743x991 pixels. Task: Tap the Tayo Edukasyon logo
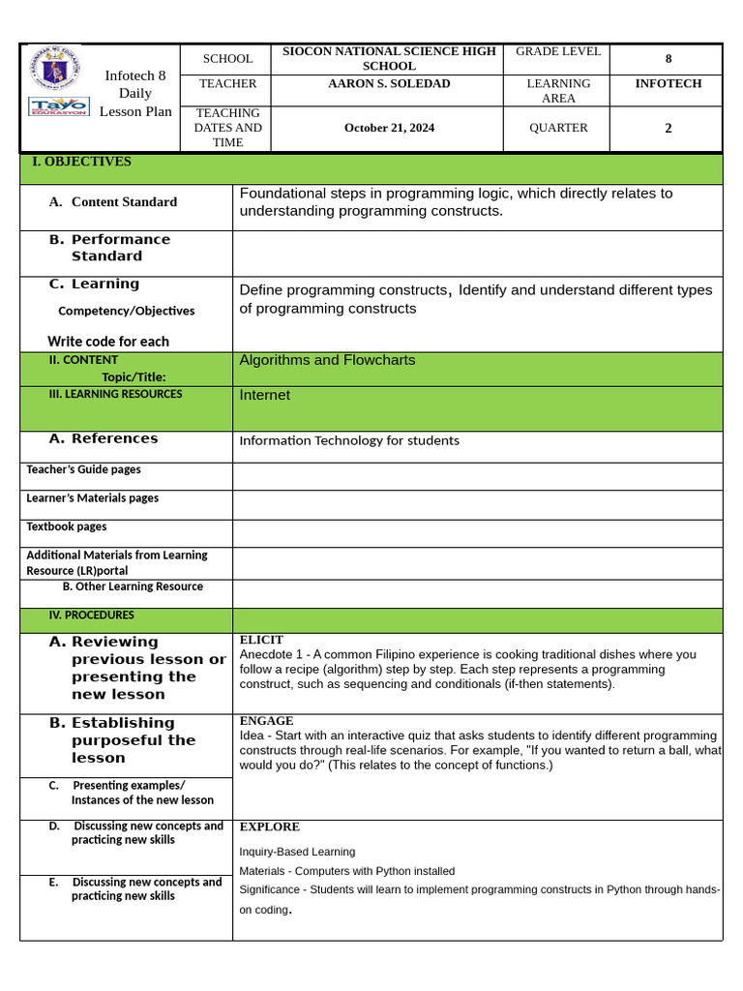(58, 105)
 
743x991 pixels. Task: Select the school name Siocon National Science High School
(388, 58)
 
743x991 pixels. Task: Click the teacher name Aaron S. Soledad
(387, 84)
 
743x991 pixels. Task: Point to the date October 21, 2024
(388, 128)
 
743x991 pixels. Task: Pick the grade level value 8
(668, 59)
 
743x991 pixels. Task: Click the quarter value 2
(668, 128)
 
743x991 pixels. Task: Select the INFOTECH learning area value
(668, 84)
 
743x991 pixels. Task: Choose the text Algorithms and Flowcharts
(327, 360)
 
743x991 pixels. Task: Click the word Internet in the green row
(264, 395)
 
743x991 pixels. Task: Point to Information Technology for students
(349, 440)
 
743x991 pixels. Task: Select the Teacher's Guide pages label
(83, 469)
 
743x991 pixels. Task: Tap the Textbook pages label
(67, 526)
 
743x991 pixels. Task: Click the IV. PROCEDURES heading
(91, 615)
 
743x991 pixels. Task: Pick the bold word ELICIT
(261, 640)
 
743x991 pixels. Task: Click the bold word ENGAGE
(266, 721)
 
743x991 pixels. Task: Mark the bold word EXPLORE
(269, 827)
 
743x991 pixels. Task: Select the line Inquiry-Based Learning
(297, 852)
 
